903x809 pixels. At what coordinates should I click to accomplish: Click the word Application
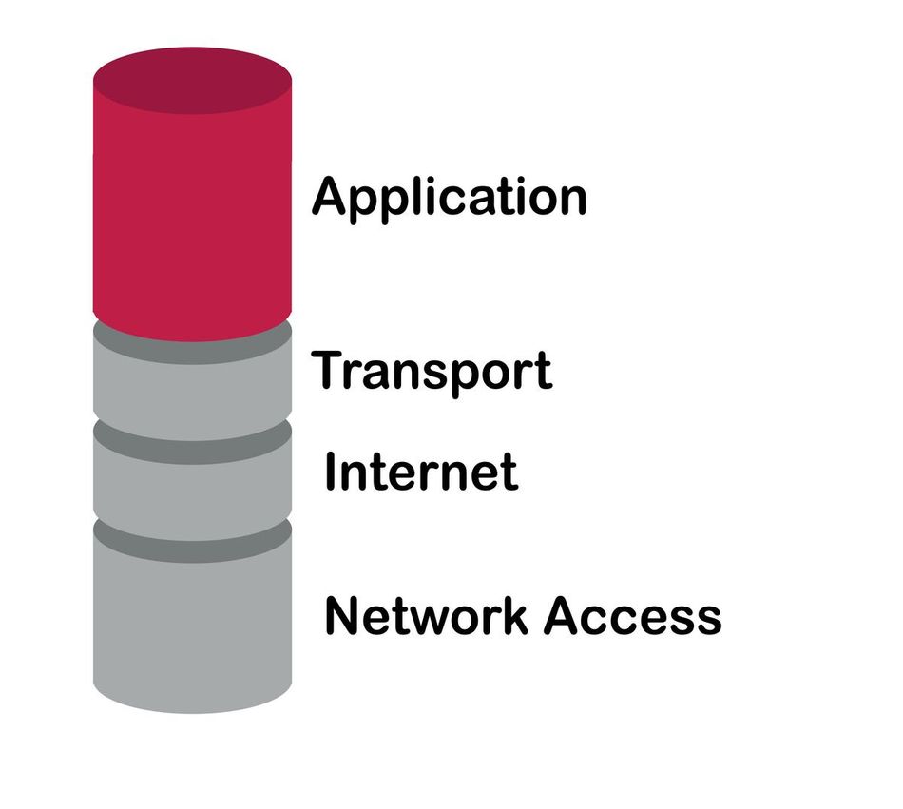[x=450, y=199]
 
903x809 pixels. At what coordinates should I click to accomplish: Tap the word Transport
[x=432, y=372]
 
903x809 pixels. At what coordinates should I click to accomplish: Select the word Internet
[x=421, y=472]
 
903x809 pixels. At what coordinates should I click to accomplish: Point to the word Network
[x=426, y=616]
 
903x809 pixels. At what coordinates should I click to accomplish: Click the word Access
[x=632, y=616]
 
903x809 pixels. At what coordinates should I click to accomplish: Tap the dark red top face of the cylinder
[x=192, y=81]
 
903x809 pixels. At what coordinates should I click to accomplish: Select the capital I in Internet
[x=330, y=471]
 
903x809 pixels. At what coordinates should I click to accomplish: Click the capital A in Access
[x=563, y=615]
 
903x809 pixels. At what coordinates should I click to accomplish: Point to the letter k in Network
[x=515, y=615]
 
